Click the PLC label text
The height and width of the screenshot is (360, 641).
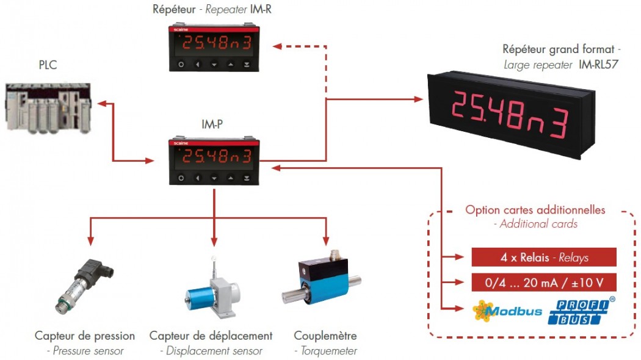point(48,65)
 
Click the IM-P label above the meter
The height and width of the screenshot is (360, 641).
point(213,124)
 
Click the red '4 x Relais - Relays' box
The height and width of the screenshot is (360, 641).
point(544,257)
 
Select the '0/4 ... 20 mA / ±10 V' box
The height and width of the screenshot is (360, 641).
point(544,283)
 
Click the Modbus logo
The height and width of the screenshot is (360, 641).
point(507,311)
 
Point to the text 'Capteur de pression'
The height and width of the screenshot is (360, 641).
point(85,336)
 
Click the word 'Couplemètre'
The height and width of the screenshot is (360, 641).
point(325,336)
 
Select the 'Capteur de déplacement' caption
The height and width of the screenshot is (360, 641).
point(211,336)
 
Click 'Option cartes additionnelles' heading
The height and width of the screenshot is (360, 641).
point(535,210)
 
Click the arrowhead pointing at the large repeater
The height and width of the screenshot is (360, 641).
point(418,99)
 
